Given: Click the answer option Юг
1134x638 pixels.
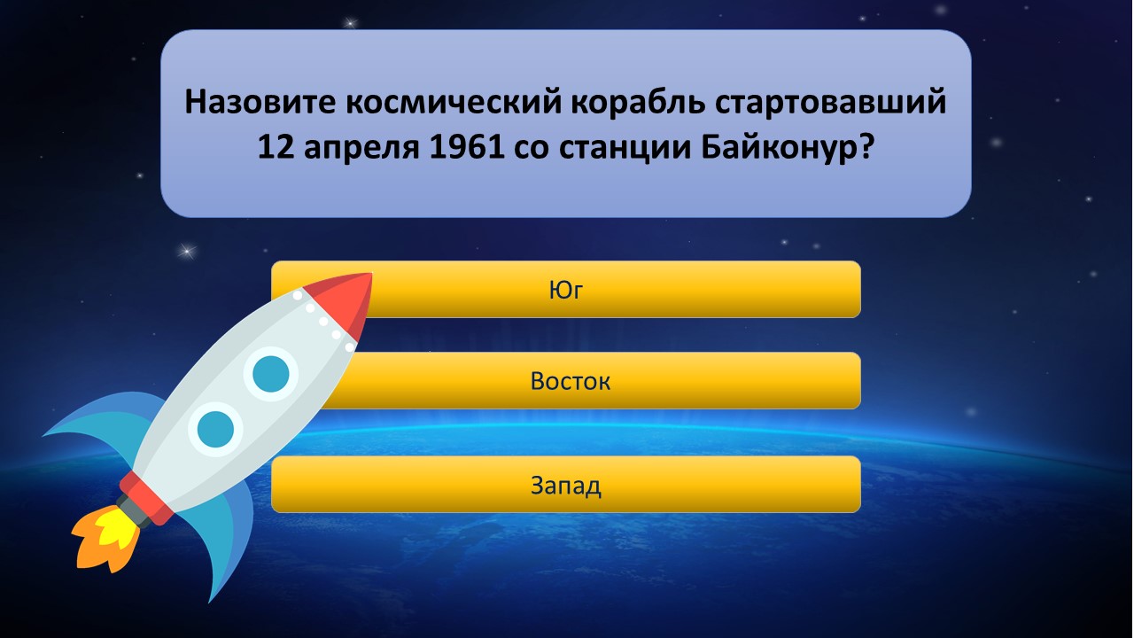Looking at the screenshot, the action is point(566,290).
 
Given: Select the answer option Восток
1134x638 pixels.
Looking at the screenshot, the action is point(570,381).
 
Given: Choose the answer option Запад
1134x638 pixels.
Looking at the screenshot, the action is point(566,485).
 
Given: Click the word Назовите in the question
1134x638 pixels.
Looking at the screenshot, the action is point(260,101).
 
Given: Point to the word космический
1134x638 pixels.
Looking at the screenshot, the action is point(454,101).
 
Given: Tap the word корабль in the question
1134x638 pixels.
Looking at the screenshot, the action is point(639,101).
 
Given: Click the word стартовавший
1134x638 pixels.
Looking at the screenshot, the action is point(831,102).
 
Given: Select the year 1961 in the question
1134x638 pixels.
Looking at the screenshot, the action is point(466,148).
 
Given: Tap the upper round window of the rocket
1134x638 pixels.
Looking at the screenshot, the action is point(271,374).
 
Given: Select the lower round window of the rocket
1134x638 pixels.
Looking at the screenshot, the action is point(215,430).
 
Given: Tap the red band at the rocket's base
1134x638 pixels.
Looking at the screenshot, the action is point(148,499).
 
